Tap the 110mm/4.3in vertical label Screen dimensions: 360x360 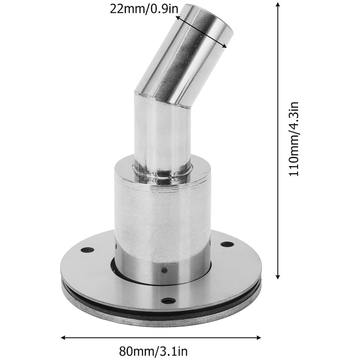pos(294,139)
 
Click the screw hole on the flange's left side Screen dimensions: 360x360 pos(87,250)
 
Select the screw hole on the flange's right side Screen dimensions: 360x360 pos(227,244)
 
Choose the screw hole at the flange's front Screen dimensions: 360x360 pos(168,301)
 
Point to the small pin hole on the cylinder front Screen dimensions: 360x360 pos(165,270)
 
